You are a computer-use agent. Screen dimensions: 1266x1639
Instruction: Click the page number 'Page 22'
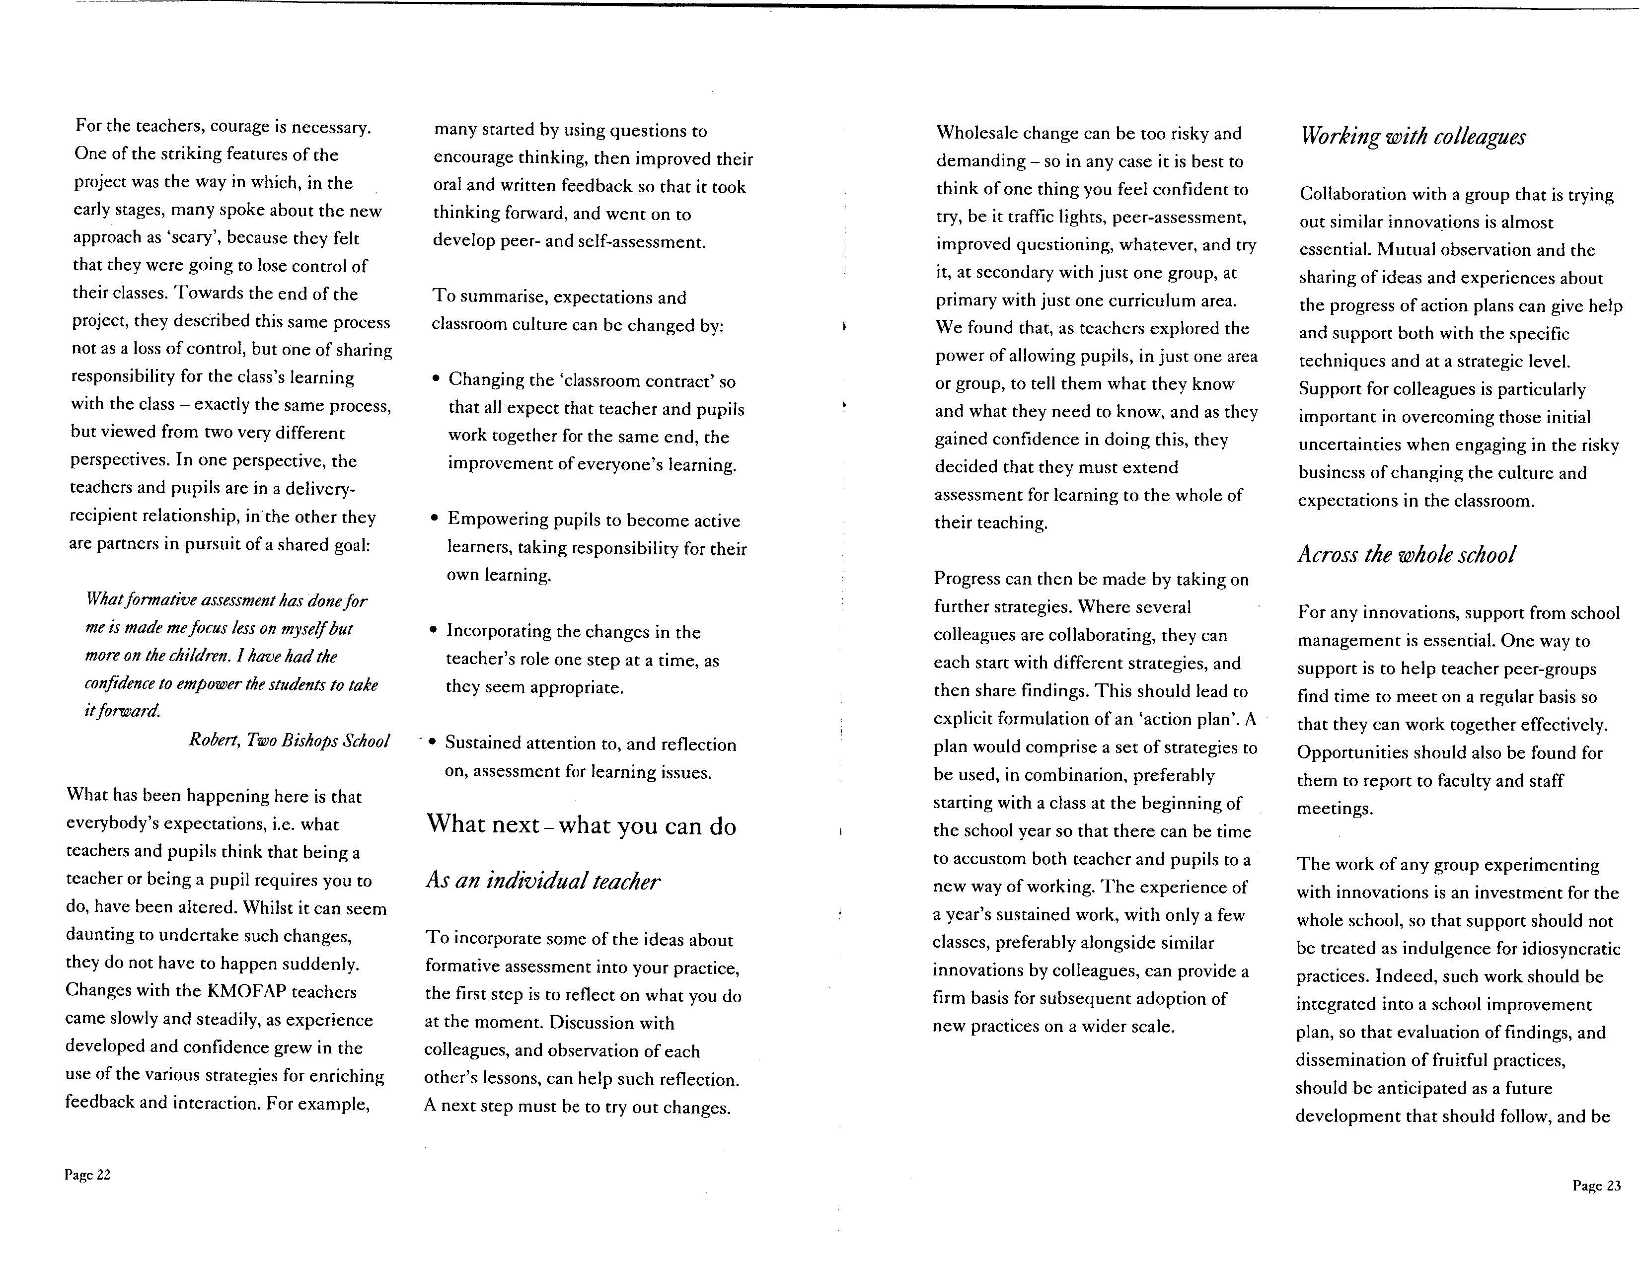(87, 1175)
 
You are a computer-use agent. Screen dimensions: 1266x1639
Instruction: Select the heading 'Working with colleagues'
(1413, 137)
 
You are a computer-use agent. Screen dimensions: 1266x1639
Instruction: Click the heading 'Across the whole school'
(1407, 555)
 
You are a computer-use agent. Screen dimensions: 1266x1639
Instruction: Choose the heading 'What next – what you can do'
(581, 825)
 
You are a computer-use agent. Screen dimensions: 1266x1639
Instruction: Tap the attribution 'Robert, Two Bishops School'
(289, 741)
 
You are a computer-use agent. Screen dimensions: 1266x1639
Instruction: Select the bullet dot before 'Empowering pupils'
(435, 519)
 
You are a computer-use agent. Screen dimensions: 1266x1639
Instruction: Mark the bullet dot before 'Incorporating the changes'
(433, 630)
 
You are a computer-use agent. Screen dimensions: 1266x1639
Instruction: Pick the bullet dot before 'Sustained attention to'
(432, 742)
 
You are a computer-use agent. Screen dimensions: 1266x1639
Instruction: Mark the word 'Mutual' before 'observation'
(1405, 249)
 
